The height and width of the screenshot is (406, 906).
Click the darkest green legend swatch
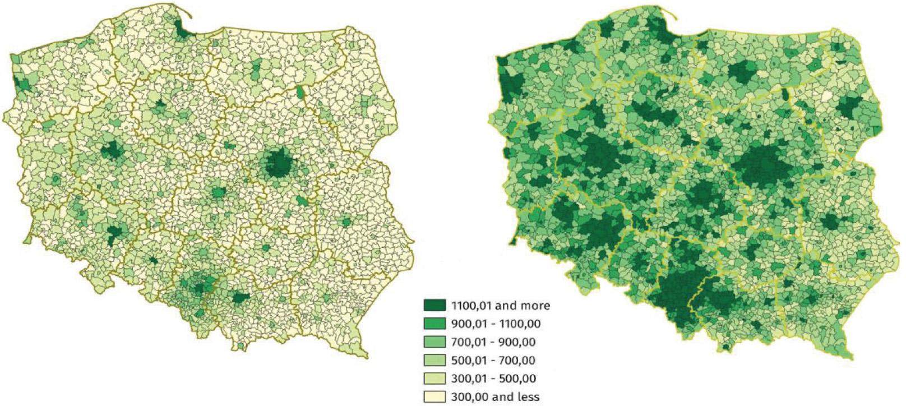434,305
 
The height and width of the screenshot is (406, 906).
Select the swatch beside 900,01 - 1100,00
434,324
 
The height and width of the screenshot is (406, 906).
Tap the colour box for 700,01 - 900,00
434,342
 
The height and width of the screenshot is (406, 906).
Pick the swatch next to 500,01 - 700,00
434,360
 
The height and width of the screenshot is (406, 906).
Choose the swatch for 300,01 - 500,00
434,379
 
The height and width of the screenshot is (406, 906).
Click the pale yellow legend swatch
434,396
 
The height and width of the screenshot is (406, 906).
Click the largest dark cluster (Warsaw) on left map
278,164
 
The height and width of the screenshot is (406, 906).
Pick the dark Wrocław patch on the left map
115,232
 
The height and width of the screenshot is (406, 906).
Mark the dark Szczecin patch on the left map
23,84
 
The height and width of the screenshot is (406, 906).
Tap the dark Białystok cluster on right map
850,106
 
